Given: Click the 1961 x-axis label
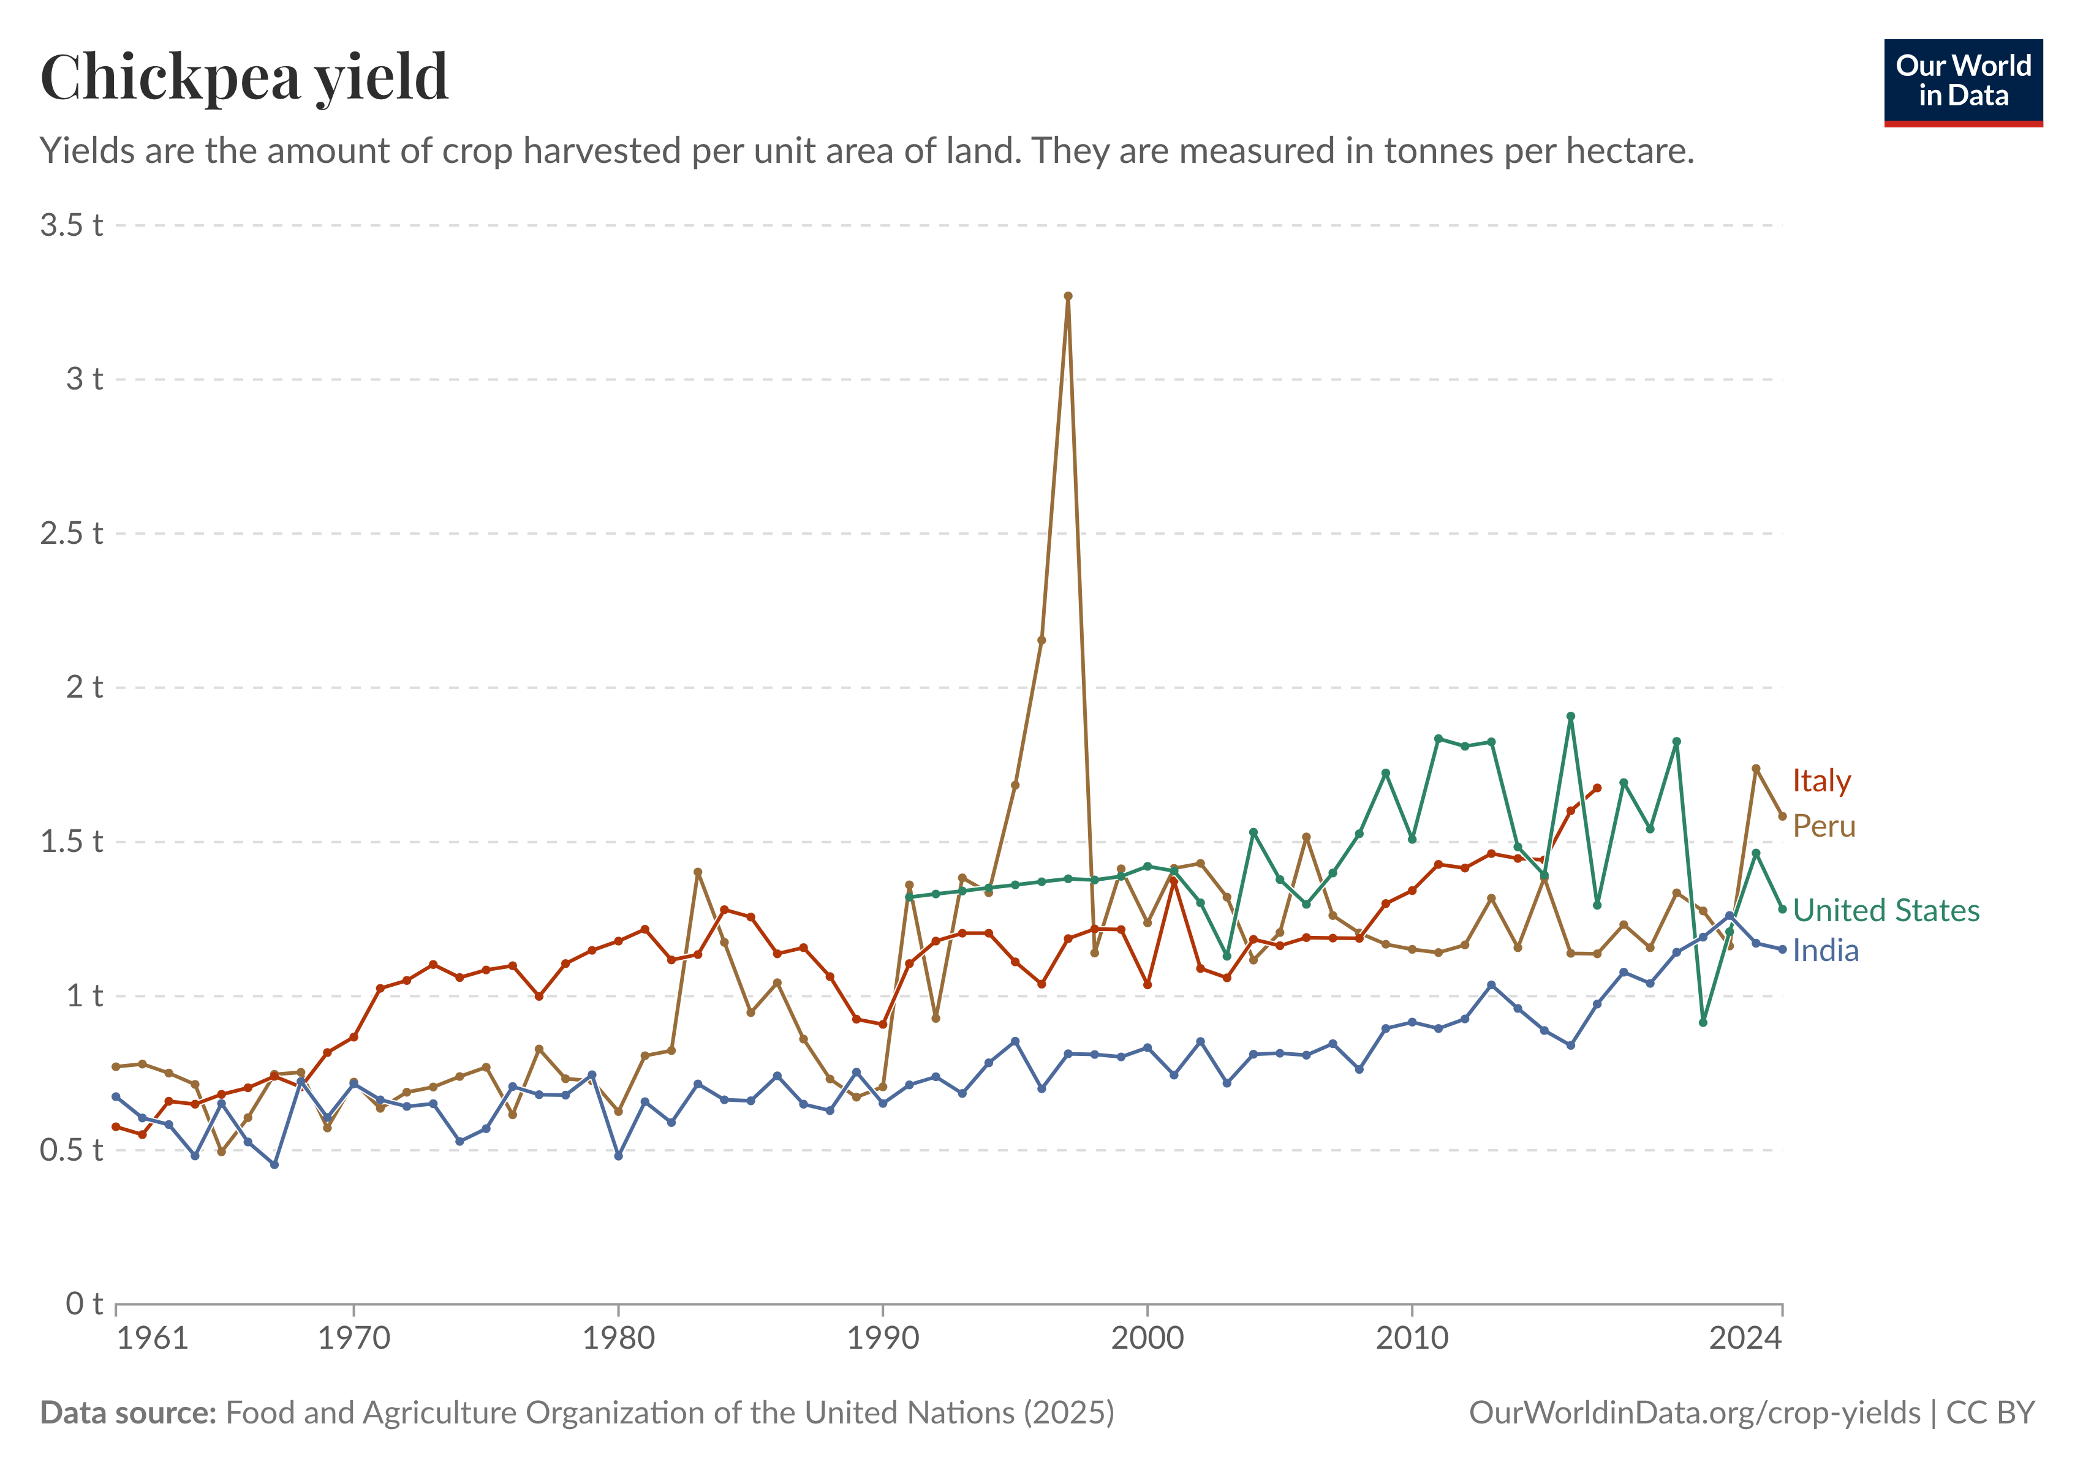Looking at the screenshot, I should [x=153, y=1338].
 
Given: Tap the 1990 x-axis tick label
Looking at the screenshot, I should [x=883, y=1338].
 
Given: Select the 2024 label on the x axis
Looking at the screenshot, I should [x=1745, y=1338].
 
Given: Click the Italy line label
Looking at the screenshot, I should [x=1821, y=781].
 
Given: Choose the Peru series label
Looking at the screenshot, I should [x=1823, y=826].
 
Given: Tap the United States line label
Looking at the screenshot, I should [x=1885, y=910].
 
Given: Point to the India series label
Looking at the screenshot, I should [x=1825, y=951].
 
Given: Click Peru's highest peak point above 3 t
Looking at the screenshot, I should [x=1068, y=296].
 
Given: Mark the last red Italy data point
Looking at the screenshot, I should [x=1598, y=788].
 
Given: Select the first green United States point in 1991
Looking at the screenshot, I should [x=909, y=897].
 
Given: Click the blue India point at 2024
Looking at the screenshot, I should [x=1782, y=949].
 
